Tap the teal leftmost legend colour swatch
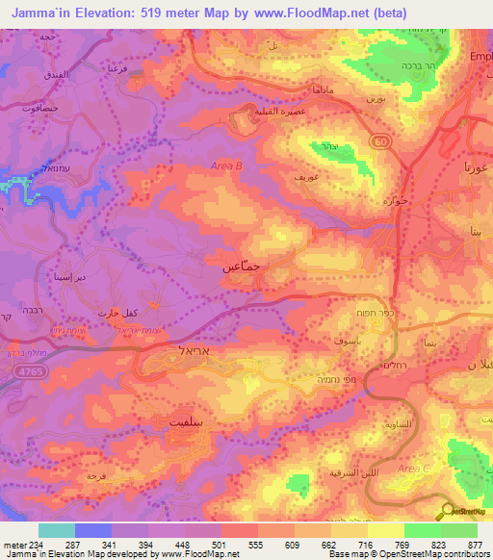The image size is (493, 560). (x=57, y=530)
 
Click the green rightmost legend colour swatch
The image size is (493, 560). (x=459, y=530)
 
